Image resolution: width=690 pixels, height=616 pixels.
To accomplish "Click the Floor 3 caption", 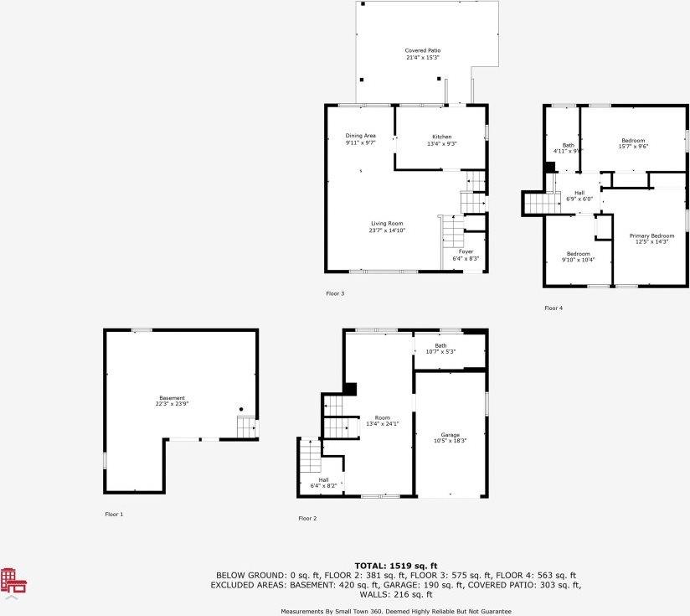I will [335, 293].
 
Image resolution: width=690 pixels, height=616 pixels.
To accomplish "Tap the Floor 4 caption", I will [554, 308].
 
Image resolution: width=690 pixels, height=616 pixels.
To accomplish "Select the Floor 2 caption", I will [307, 519].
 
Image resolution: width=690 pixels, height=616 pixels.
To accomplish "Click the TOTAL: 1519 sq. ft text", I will [396, 566].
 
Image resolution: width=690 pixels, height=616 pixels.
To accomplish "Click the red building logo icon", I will [13, 582].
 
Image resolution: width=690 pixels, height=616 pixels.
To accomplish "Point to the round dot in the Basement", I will [241, 409].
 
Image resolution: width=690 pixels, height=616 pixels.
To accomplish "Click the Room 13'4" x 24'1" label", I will [383, 420].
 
